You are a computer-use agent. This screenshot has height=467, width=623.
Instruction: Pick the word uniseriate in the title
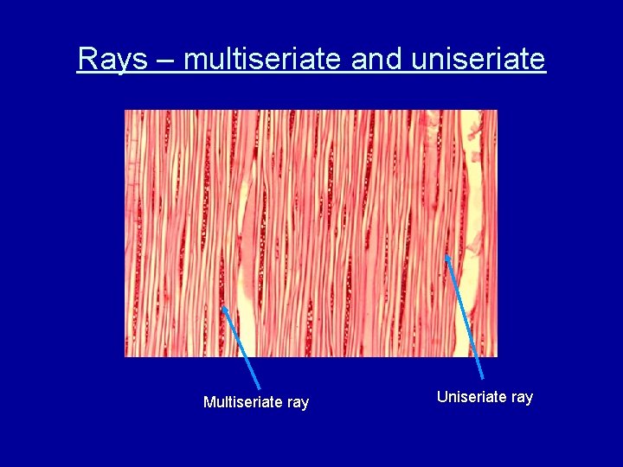[x=478, y=59]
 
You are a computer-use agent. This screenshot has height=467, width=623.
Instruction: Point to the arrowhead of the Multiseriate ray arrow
[x=224, y=308]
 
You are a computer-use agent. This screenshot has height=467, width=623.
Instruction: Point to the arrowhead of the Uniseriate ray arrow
[x=447, y=256]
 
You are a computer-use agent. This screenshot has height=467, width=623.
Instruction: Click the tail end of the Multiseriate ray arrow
[x=260, y=388]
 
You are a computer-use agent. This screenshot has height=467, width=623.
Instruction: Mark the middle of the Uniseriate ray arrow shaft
[x=465, y=317]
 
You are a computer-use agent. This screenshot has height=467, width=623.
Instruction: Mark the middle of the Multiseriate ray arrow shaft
[x=241, y=348]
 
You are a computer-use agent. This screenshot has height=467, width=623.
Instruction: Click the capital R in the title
[x=87, y=59]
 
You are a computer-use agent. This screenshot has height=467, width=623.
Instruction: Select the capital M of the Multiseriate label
[x=209, y=402]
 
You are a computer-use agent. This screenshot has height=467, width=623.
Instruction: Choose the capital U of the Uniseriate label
[x=442, y=397]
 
